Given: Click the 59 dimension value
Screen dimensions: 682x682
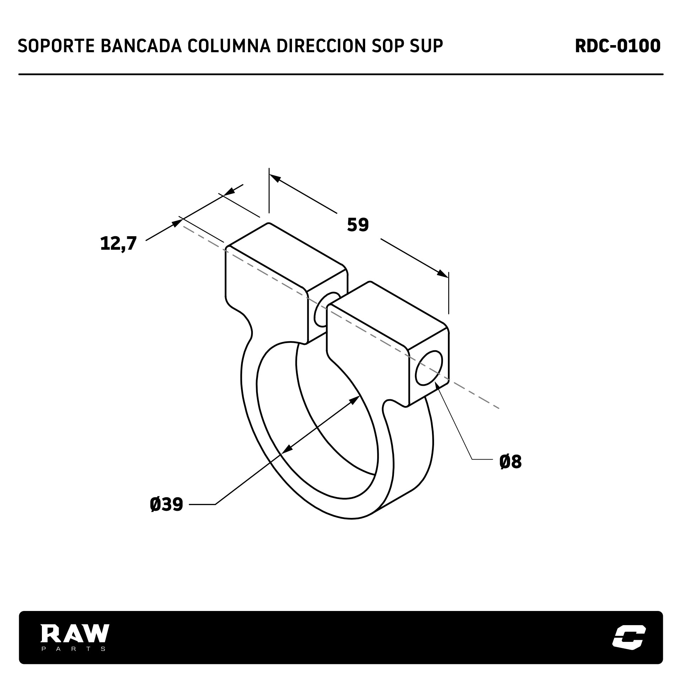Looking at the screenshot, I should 358,225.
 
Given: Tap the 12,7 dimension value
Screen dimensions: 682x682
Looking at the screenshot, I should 119,244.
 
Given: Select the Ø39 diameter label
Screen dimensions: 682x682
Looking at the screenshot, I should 166,504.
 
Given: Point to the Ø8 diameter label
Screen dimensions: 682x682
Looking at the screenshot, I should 510,462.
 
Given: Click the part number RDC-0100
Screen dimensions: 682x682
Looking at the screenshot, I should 618,46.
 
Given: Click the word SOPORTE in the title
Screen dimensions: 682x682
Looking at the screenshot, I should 56,46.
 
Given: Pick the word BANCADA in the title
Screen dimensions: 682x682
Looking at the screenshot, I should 141,46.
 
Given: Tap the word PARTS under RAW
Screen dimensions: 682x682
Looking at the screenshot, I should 74,649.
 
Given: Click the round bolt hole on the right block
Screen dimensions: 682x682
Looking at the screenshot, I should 429,368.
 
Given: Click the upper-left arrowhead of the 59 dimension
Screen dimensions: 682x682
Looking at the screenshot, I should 275,178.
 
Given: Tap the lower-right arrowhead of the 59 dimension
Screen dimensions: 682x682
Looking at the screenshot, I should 443,274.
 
